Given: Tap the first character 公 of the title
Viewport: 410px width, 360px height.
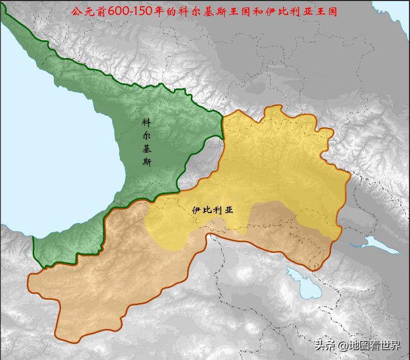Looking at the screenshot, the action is tap(76, 11).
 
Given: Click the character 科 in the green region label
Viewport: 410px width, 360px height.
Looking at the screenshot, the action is tap(147, 123).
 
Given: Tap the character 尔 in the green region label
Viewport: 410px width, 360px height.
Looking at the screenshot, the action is tap(147, 136).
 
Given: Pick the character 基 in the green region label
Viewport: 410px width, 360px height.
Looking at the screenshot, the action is tap(147, 149).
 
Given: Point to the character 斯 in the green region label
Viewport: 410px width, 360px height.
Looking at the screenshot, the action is tap(147, 162).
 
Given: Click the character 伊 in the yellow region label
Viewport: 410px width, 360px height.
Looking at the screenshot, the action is tap(196, 211).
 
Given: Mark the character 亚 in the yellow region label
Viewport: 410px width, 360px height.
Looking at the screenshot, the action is tap(229, 211).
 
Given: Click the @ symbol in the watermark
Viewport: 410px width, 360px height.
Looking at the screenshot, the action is tap(342, 345).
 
